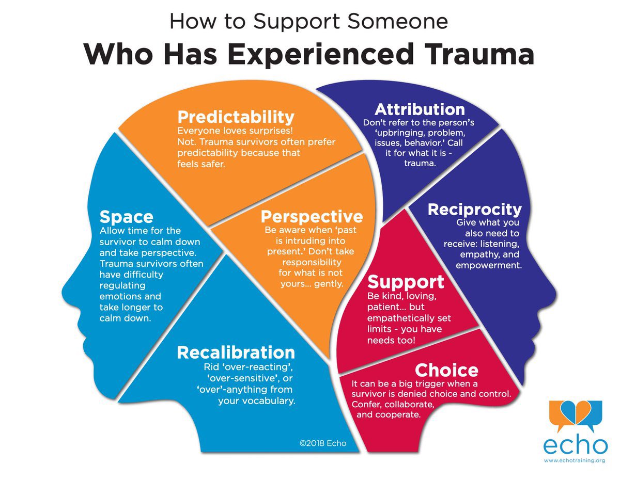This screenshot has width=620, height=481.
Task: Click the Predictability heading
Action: pyautogui.click(x=236, y=117)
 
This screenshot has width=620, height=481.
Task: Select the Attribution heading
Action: pyautogui.click(x=420, y=109)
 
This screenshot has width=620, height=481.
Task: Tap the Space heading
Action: pyautogui.click(x=126, y=216)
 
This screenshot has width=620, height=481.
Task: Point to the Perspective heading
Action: pyautogui.click(x=312, y=216)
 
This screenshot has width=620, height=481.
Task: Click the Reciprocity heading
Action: pyautogui.click(x=475, y=209)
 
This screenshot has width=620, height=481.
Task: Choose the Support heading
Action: pyautogui.click(x=406, y=282)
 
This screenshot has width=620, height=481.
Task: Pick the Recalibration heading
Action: pyautogui.click(x=236, y=352)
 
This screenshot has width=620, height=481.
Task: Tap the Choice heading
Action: pyautogui.click(x=446, y=370)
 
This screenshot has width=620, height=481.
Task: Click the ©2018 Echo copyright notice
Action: pyautogui.click(x=323, y=443)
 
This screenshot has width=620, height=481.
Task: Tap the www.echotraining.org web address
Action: pyautogui.click(x=574, y=460)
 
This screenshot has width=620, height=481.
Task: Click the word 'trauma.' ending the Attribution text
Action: pyautogui.click(x=419, y=164)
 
